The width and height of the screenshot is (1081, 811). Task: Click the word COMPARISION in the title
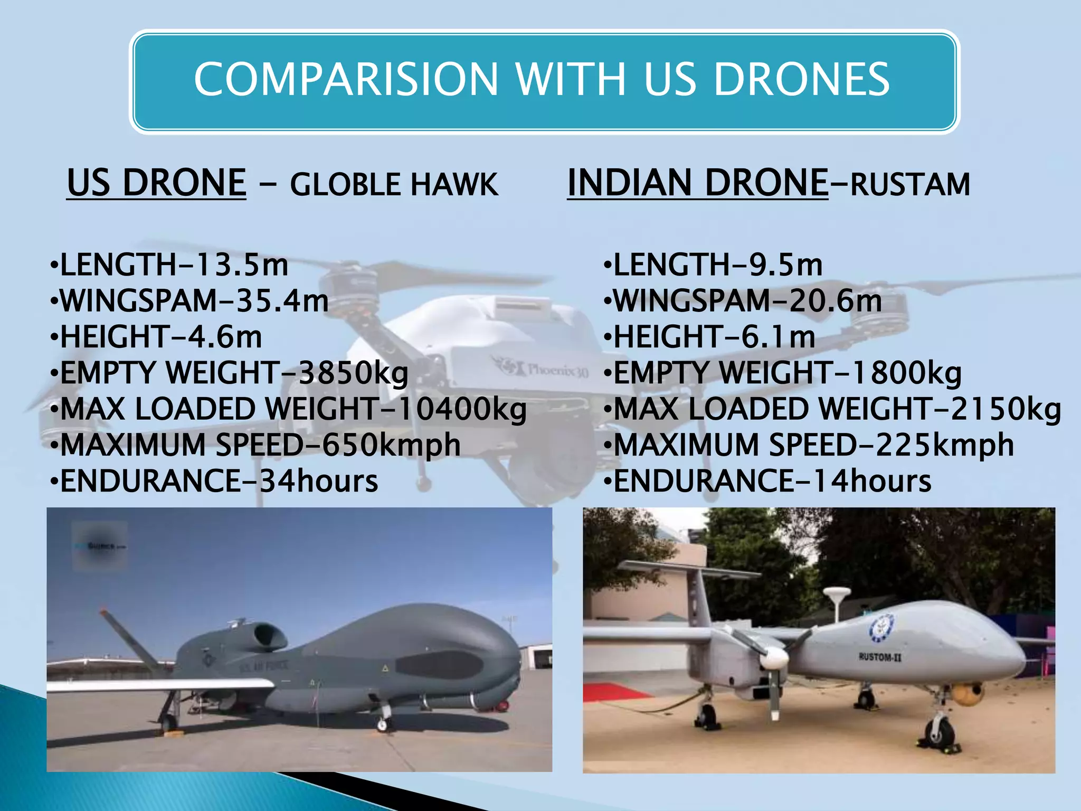346,79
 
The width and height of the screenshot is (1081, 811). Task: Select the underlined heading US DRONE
157,183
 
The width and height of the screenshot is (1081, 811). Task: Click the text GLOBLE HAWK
394,185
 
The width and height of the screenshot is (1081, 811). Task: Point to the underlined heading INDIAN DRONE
697,183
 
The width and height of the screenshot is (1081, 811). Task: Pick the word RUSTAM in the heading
910,185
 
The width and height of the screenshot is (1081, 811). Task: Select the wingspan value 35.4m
282,301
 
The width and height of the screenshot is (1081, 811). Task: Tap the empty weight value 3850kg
353,373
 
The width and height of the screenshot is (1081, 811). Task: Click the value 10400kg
462,409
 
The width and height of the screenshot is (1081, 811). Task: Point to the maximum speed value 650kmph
391,445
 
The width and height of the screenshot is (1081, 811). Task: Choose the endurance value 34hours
319,481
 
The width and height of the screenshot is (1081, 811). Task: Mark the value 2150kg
1006,409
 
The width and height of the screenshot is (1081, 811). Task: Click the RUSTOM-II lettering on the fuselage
880,657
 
